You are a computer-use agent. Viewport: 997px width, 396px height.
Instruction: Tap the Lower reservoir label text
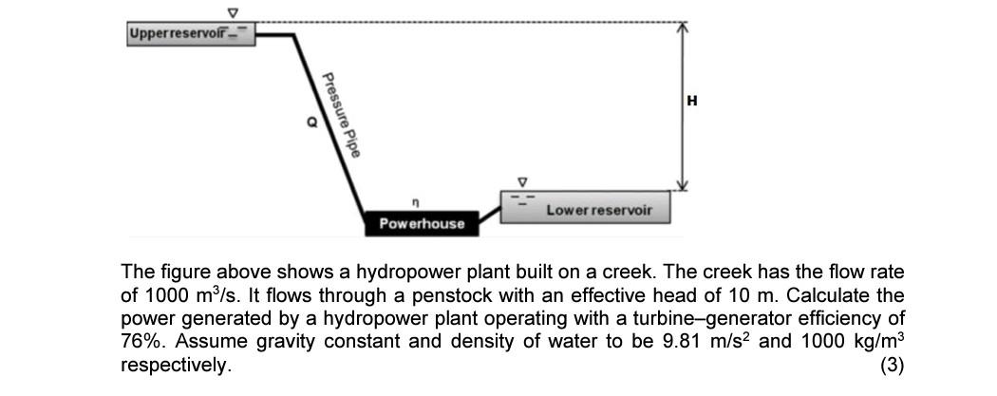click(598, 210)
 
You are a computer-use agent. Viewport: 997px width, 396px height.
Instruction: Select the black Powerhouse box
click(422, 223)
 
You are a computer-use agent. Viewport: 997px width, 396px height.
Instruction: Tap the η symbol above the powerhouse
click(414, 201)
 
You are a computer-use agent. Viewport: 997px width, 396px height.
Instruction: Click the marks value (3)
click(893, 364)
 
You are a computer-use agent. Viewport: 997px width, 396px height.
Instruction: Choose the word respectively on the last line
click(175, 364)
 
